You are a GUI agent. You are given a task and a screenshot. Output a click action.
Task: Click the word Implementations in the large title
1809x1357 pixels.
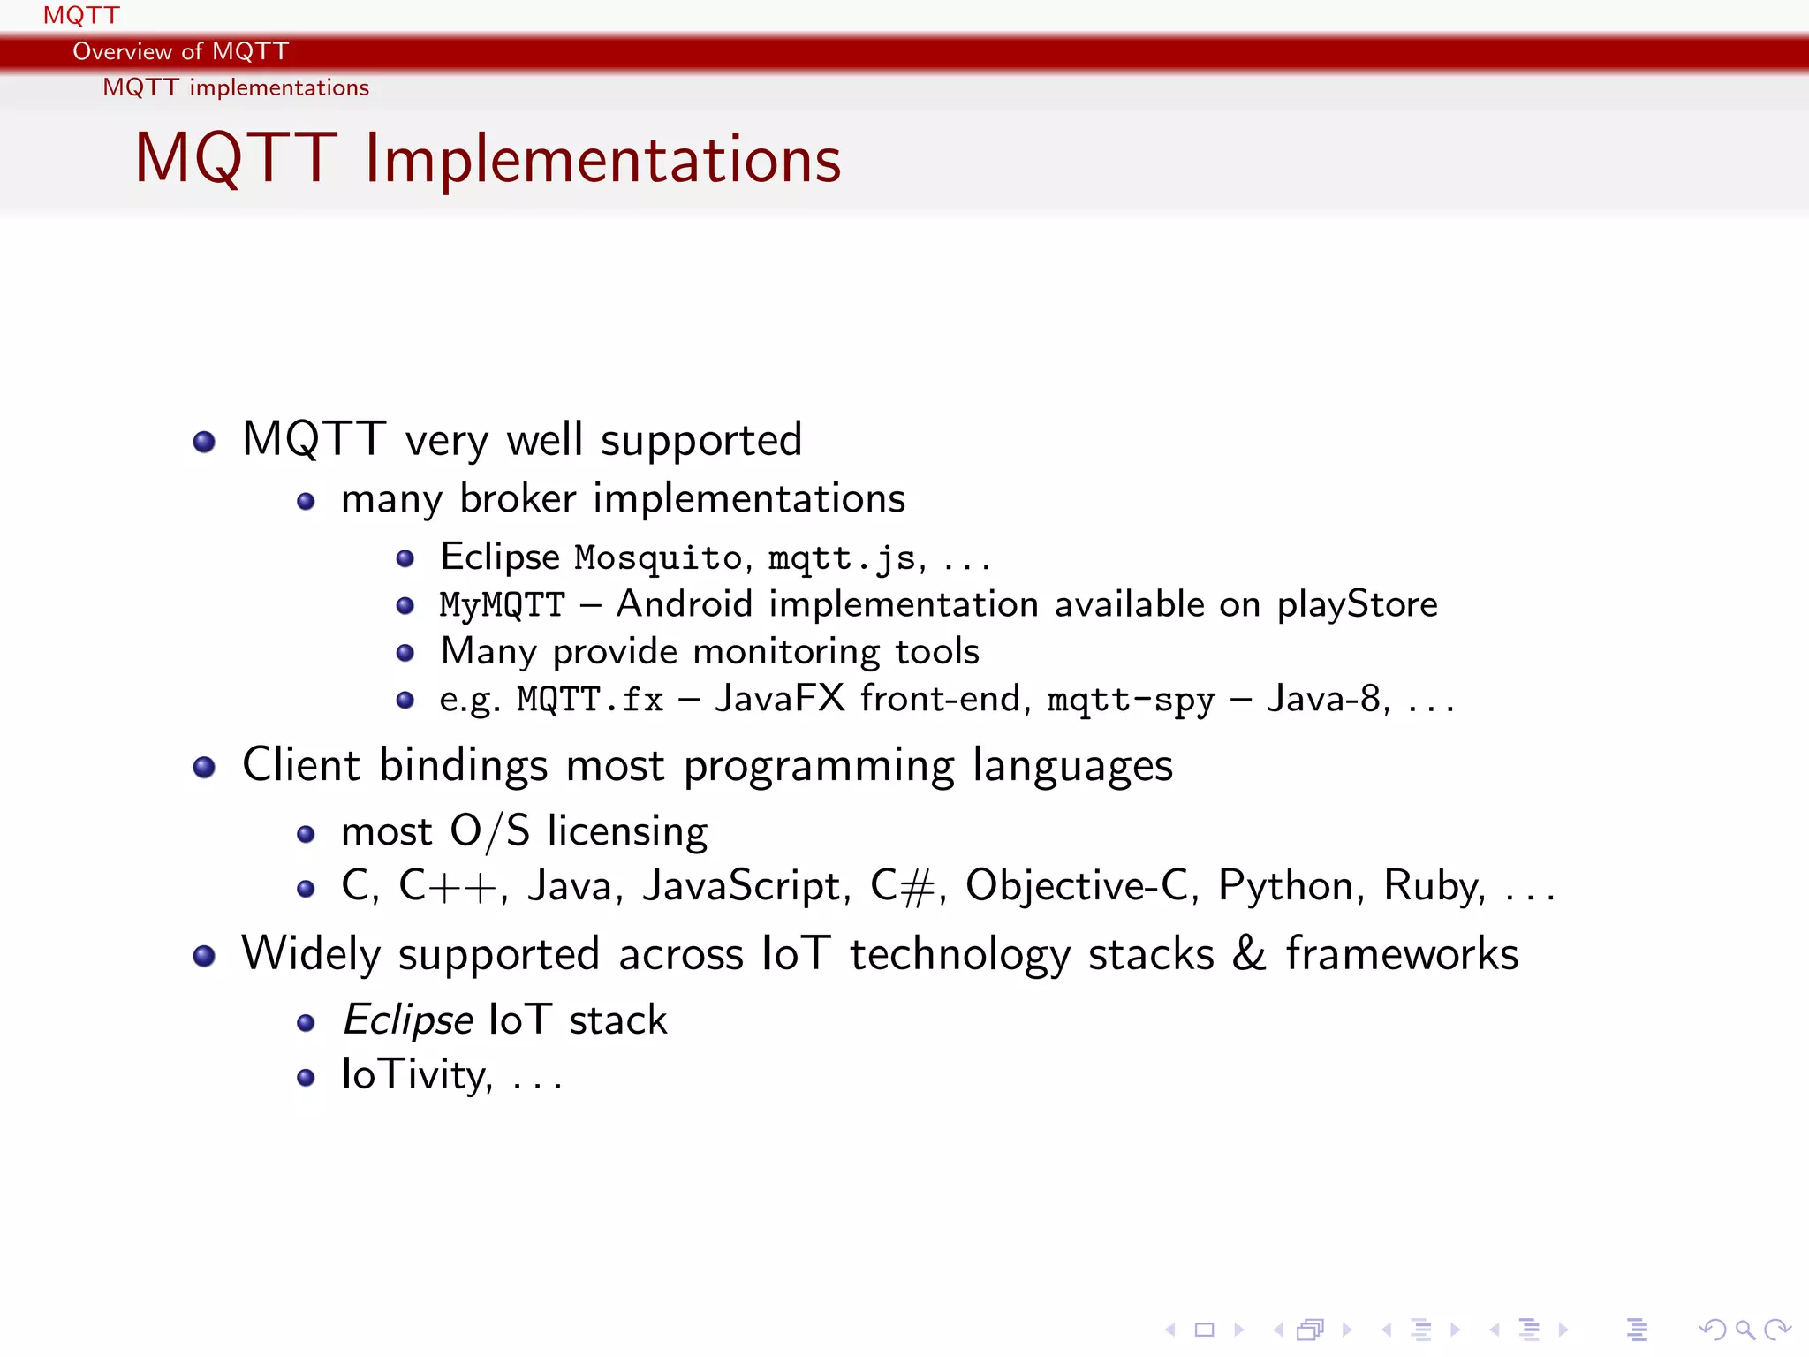603,159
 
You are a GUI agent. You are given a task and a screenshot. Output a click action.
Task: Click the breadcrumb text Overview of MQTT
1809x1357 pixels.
180,51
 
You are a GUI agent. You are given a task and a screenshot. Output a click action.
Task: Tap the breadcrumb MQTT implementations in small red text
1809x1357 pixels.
236,87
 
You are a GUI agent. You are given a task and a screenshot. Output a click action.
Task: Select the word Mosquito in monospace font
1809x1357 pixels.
658,558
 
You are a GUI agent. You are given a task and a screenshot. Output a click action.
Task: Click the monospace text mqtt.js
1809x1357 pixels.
842,558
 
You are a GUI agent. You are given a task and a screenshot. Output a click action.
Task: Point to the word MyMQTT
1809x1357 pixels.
502,605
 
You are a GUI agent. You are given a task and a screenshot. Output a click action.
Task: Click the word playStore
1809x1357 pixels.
1357,605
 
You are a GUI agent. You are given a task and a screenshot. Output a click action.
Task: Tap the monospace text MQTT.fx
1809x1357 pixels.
590,700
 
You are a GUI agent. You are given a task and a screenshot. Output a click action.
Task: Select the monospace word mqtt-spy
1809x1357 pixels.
1131,701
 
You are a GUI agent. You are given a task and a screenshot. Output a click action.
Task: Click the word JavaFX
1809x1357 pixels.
780,699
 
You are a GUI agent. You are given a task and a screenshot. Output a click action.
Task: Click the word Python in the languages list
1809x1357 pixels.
1285,886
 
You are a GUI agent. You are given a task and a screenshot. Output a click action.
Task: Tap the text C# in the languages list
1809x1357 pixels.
902,886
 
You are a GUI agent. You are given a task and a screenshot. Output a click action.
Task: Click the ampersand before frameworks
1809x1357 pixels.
1249,954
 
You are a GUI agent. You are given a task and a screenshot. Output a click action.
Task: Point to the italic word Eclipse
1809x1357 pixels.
407,1020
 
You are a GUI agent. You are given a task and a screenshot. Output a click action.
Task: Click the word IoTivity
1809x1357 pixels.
415,1075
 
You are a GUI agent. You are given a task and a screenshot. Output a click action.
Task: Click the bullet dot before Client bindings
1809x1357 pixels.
204,767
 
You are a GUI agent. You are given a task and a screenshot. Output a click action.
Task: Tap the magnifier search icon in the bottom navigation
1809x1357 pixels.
1744,1329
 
